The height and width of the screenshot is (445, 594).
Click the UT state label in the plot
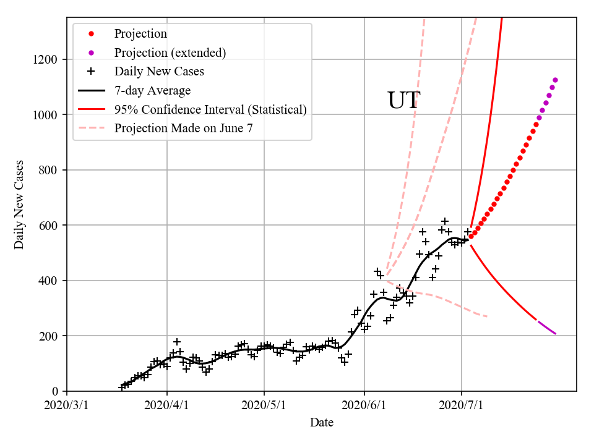[x=403, y=101]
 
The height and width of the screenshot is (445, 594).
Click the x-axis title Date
[x=321, y=423]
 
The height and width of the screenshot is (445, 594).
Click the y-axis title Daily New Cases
[x=19, y=204]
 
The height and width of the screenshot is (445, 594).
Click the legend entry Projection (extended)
[x=170, y=53]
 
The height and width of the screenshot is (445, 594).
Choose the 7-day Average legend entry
[x=152, y=91]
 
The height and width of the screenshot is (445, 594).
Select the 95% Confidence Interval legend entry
[x=210, y=110]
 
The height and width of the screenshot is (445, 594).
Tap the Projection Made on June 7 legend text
[x=184, y=129]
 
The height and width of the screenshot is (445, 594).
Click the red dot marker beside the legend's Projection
[x=91, y=34]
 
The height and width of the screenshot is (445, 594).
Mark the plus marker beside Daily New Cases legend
[x=91, y=72]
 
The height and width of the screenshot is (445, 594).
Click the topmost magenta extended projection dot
[x=555, y=80]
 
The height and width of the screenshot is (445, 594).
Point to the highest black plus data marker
[x=445, y=221]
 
